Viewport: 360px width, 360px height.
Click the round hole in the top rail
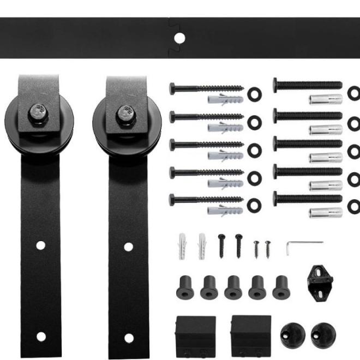pos(179,39)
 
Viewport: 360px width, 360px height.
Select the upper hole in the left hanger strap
pos(41,246)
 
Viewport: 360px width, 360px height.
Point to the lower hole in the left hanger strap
pos(41,335)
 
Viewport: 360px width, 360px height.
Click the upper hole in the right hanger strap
pos(129,247)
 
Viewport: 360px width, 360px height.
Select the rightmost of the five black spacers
pos(281,286)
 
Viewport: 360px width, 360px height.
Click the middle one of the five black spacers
pos(233,286)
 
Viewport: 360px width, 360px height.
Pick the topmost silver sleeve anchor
pos(326,99)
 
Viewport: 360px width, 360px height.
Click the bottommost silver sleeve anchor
pos(326,212)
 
